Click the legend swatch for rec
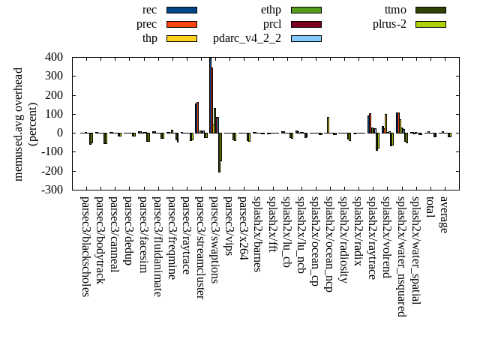tap(181, 10)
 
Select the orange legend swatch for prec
tap(181, 24)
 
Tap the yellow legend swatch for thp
tap(181, 38)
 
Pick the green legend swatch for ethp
tap(306, 10)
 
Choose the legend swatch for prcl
tap(306, 24)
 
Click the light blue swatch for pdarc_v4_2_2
tap(306, 38)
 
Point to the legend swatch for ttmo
tap(430, 10)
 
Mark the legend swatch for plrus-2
tap(430, 24)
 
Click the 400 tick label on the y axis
tap(53, 57)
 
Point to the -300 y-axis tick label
tap(52, 190)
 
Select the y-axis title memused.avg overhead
tap(19, 124)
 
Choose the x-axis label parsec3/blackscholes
tap(85, 247)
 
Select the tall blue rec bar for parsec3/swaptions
tap(211, 94)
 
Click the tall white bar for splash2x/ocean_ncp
tap(328, 125)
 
